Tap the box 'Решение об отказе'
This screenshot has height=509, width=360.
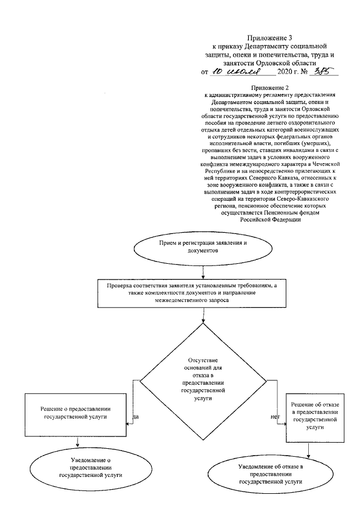point(314,416)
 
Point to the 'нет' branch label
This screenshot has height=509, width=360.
point(275,417)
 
